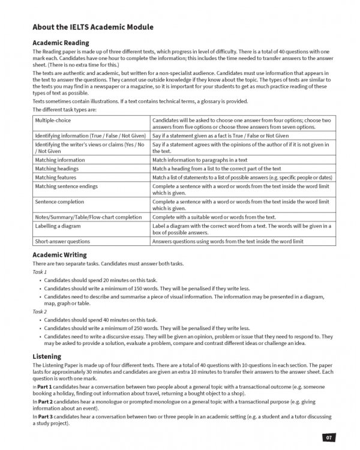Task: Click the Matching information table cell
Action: (60, 160)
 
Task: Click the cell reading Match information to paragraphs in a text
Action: (200, 160)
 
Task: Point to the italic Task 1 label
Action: (40, 272)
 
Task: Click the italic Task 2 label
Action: (40, 312)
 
